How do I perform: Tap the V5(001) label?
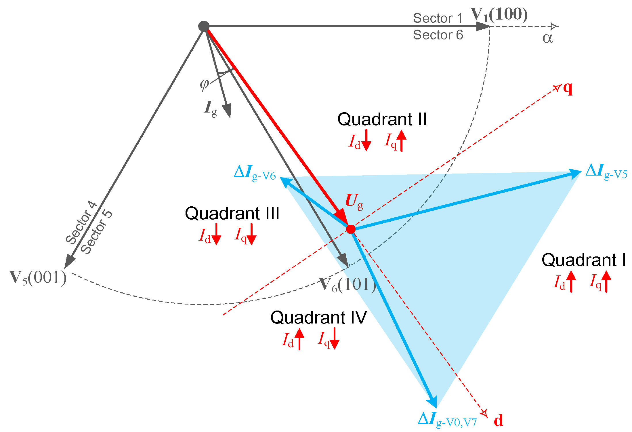point(38,278)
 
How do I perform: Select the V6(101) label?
point(348,285)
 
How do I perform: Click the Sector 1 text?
point(438,18)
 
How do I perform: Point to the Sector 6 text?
point(438,35)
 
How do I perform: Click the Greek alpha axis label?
point(547,38)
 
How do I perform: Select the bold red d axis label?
point(499,420)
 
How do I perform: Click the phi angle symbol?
point(204,84)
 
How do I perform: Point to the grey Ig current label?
point(210,109)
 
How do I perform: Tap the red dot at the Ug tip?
point(351,229)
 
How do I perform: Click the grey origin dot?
point(204,26)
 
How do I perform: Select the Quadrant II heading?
point(382,119)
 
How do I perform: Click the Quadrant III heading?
point(232,213)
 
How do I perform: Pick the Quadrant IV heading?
point(318,317)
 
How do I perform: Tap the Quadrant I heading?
point(584,260)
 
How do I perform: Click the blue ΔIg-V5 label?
point(606,172)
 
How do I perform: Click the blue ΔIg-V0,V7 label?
point(447,420)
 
